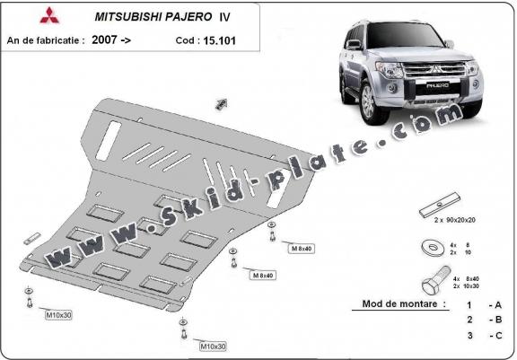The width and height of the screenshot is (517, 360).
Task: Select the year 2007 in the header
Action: pos(104,40)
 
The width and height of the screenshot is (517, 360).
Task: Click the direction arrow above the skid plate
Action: pos(219,104)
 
